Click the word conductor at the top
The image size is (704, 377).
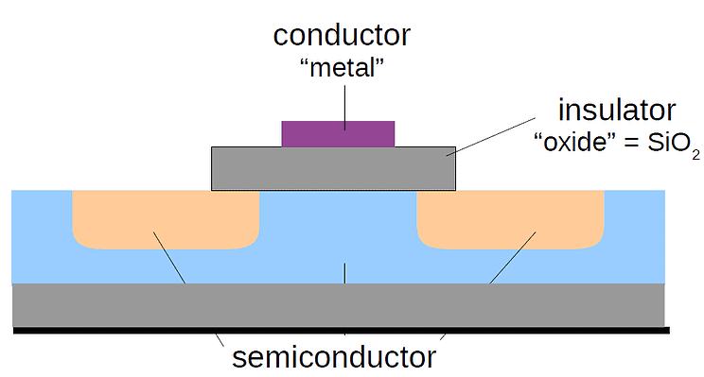pos(342,35)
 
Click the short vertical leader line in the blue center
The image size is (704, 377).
pos(344,273)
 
